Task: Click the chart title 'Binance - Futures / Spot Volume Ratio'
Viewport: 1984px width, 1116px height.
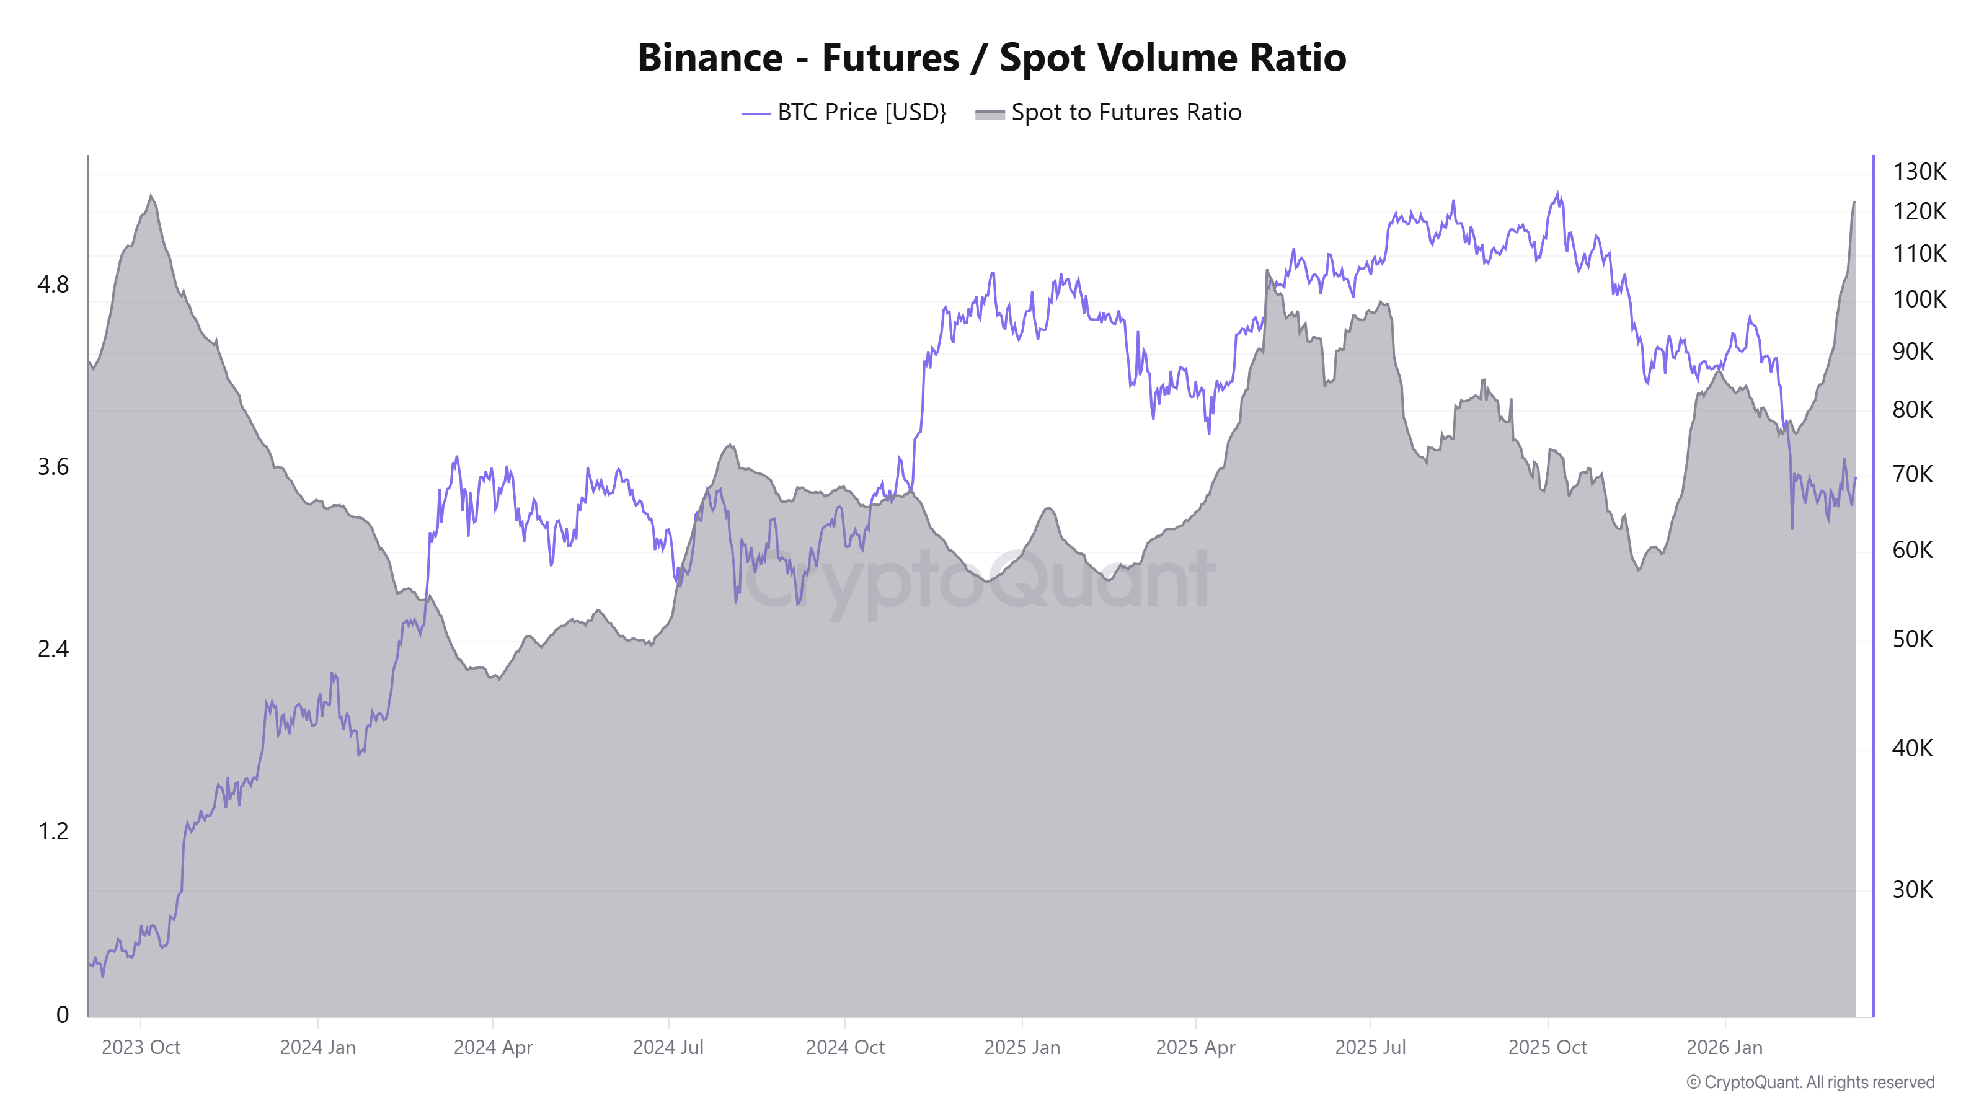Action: (x=991, y=58)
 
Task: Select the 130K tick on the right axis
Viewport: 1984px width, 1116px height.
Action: (x=1918, y=172)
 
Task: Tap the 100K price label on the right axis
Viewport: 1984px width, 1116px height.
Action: (x=1918, y=299)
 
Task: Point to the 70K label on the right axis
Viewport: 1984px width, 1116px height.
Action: (x=1912, y=474)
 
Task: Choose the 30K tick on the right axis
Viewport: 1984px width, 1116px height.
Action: (x=1912, y=890)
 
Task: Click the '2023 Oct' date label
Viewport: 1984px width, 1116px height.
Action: (x=141, y=1047)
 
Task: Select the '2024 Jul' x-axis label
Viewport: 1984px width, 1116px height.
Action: (x=668, y=1047)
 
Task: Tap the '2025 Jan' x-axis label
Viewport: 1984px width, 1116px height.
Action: (x=1022, y=1047)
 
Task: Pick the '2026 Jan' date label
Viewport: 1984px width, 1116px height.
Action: (x=1724, y=1047)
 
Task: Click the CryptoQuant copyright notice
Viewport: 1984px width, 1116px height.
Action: (x=1810, y=1082)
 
